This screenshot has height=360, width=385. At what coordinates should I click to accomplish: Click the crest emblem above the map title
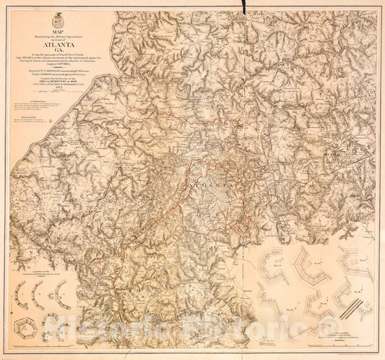tap(57, 17)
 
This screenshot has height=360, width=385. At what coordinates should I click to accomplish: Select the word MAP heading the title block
tap(57, 30)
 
